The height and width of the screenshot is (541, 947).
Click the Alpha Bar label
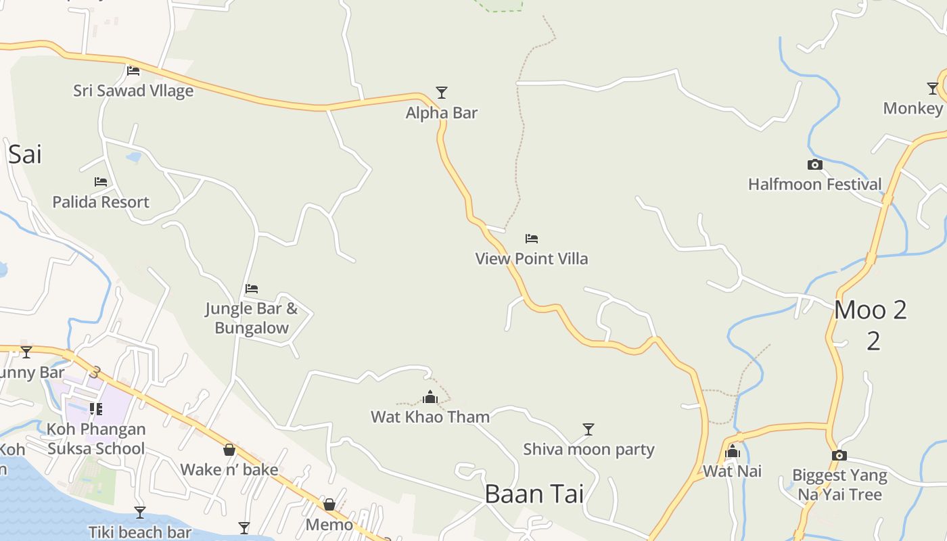point(441,113)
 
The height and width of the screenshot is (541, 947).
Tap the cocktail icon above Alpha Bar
point(442,92)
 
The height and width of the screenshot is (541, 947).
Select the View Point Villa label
point(532,258)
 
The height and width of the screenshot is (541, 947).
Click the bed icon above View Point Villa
point(532,238)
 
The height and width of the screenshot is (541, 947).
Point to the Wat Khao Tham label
point(430,417)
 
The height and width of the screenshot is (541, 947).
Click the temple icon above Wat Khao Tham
point(430,397)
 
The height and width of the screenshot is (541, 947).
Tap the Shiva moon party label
point(588,449)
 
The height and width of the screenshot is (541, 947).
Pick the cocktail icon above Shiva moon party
point(588,429)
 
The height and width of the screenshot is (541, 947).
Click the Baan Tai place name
point(534,494)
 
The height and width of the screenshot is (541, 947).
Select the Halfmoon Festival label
point(814,184)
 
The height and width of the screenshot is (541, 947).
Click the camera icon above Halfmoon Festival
point(814,164)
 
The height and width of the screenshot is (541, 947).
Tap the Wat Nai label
point(732,471)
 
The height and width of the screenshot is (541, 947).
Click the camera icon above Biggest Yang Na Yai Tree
point(839,455)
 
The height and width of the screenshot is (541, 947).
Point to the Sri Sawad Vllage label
point(133,91)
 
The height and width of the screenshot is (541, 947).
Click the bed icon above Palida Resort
point(101,181)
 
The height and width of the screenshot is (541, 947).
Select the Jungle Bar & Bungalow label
point(252,319)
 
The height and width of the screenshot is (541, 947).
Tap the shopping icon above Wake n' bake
point(229,450)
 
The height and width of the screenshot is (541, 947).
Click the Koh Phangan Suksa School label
point(96,439)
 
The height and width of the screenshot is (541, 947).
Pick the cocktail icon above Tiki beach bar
point(140,513)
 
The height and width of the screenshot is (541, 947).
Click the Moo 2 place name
point(870,310)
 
